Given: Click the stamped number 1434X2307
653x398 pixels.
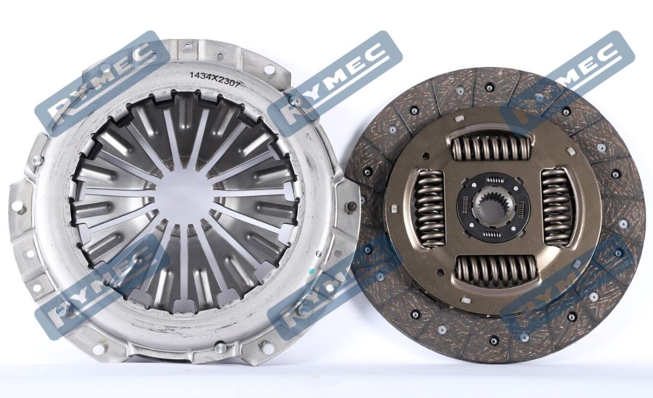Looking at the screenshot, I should (215, 77).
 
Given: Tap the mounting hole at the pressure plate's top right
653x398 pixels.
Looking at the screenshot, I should (270, 69).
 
